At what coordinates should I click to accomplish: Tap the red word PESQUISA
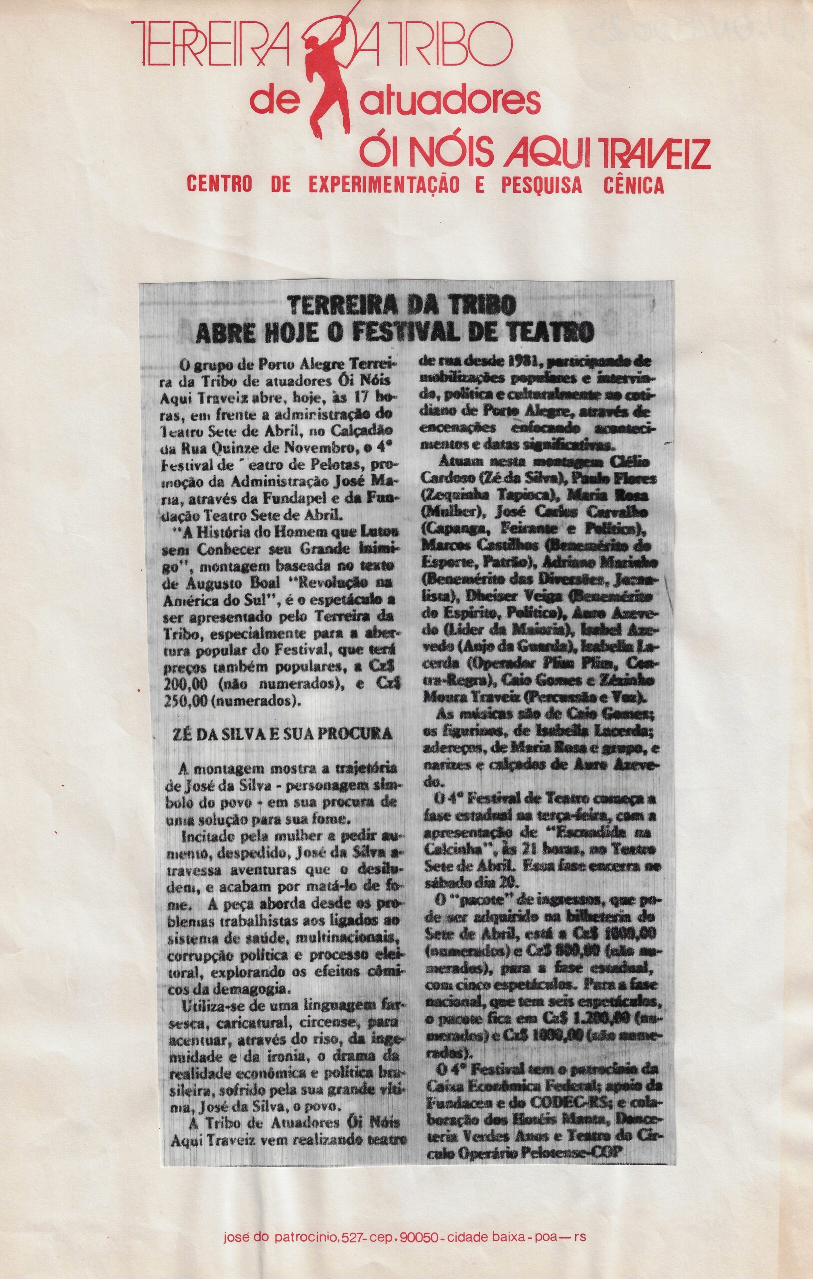[x=541, y=185]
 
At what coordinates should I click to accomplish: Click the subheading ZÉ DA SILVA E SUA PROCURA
[x=283, y=733]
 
